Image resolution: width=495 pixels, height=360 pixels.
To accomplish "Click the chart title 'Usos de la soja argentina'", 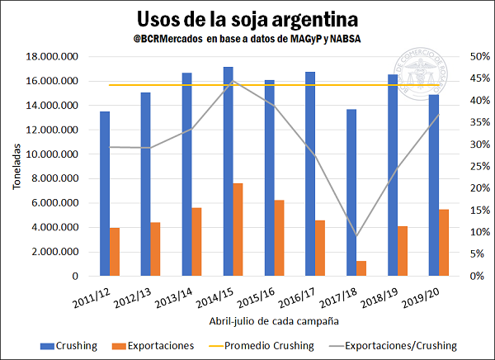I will click(247, 18).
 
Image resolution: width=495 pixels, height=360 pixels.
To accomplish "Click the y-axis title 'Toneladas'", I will click(17, 166).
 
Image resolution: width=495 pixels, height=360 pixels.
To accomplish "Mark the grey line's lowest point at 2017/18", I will click(356, 235).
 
